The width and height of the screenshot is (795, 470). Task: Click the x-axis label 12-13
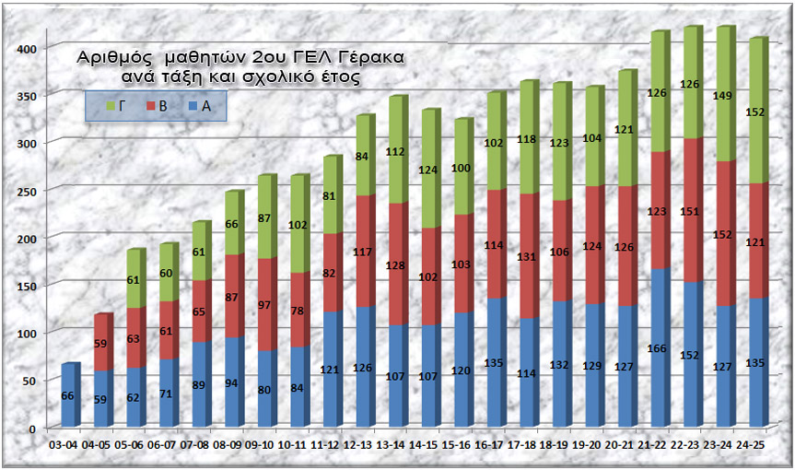357,444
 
